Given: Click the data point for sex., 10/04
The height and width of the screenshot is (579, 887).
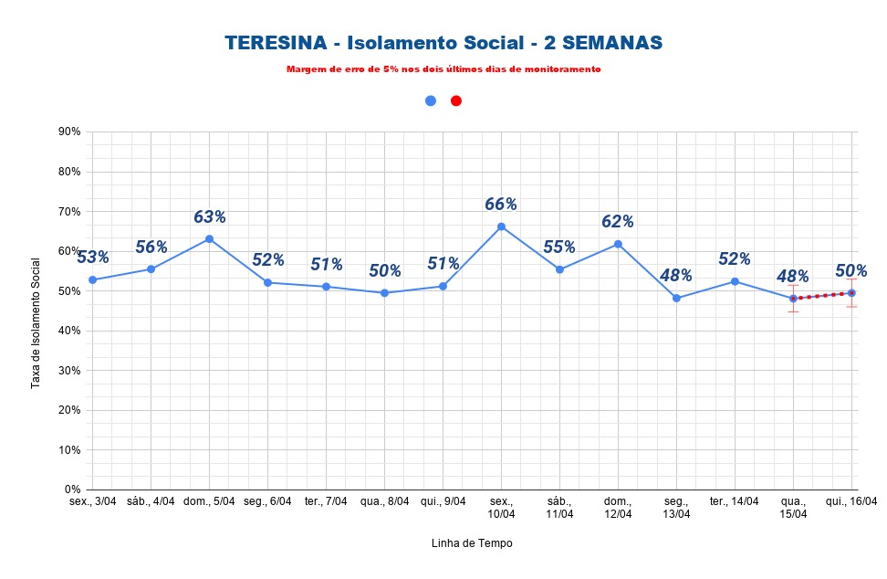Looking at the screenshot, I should point(501,226).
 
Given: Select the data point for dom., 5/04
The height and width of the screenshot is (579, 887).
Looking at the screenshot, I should point(209,238).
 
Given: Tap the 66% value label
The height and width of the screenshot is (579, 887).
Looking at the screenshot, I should point(501,204).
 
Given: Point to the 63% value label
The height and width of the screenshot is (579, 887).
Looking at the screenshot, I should point(209,216).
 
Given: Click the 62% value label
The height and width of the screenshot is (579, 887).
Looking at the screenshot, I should point(618,221).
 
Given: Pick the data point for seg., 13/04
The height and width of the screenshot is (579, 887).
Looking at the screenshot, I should point(676,298).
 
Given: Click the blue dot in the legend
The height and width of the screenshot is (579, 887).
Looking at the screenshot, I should point(431,100).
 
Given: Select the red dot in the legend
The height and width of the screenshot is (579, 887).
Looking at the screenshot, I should point(456,100).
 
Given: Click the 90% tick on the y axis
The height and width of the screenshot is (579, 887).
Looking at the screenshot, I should point(69,132).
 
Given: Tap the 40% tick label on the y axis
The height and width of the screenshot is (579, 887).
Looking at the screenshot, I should point(69,331).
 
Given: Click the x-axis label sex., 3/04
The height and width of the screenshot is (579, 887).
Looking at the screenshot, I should point(92,501).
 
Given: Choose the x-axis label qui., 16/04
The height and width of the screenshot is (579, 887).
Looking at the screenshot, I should point(851,501).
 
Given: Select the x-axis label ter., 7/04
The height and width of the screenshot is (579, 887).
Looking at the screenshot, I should point(326,501).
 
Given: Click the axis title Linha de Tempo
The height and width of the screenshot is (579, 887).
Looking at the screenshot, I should point(472,543).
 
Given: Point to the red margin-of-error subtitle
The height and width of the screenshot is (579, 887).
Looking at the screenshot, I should point(443,69).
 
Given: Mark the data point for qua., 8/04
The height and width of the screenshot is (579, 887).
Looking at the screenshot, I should point(384,292).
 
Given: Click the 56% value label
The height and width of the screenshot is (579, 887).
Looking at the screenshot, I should point(151,247).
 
